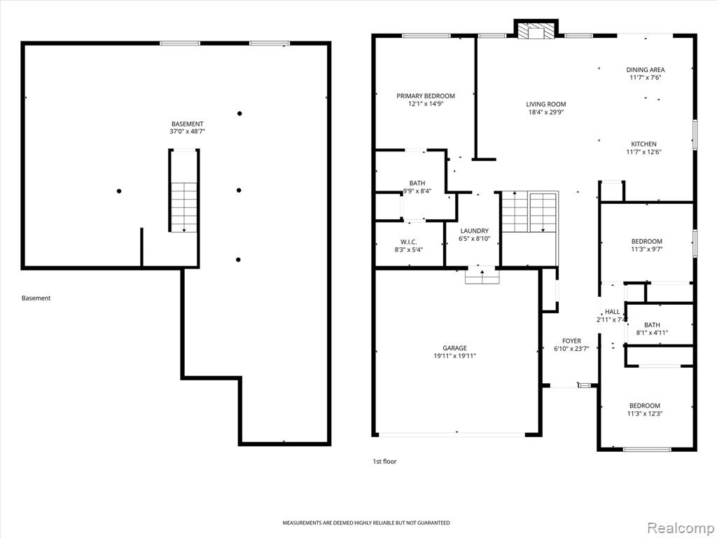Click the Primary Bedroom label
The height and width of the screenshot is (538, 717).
(x=425, y=96)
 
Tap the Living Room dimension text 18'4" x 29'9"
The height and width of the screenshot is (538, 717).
(x=546, y=111)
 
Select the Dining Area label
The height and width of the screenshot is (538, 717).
(x=645, y=70)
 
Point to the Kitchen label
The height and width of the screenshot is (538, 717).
(x=644, y=144)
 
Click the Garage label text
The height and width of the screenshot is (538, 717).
(x=454, y=348)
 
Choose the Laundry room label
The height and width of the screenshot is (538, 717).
(x=474, y=231)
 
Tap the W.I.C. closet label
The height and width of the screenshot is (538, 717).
(x=408, y=242)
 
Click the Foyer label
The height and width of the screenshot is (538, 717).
(x=571, y=341)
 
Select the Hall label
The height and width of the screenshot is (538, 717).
(x=612, y=312)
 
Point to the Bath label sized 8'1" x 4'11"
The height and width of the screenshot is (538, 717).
(x=652, y=325)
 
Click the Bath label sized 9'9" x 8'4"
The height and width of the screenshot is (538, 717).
(x=417, y=184)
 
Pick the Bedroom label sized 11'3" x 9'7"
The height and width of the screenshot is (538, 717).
(x=646, y=242)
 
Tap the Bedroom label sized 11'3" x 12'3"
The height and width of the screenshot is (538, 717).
(x=645, y=406)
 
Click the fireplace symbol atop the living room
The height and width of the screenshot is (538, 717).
(x=536, y=29)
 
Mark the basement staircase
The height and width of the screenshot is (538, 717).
(x=184, y=207)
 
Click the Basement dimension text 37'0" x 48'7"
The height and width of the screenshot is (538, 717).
(x=187, y=131)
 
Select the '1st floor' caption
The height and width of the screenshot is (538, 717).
(x=384, y=462)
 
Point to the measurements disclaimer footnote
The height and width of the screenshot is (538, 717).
(x=366, y=523)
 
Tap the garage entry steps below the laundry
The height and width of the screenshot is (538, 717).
(x=482, y=275)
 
